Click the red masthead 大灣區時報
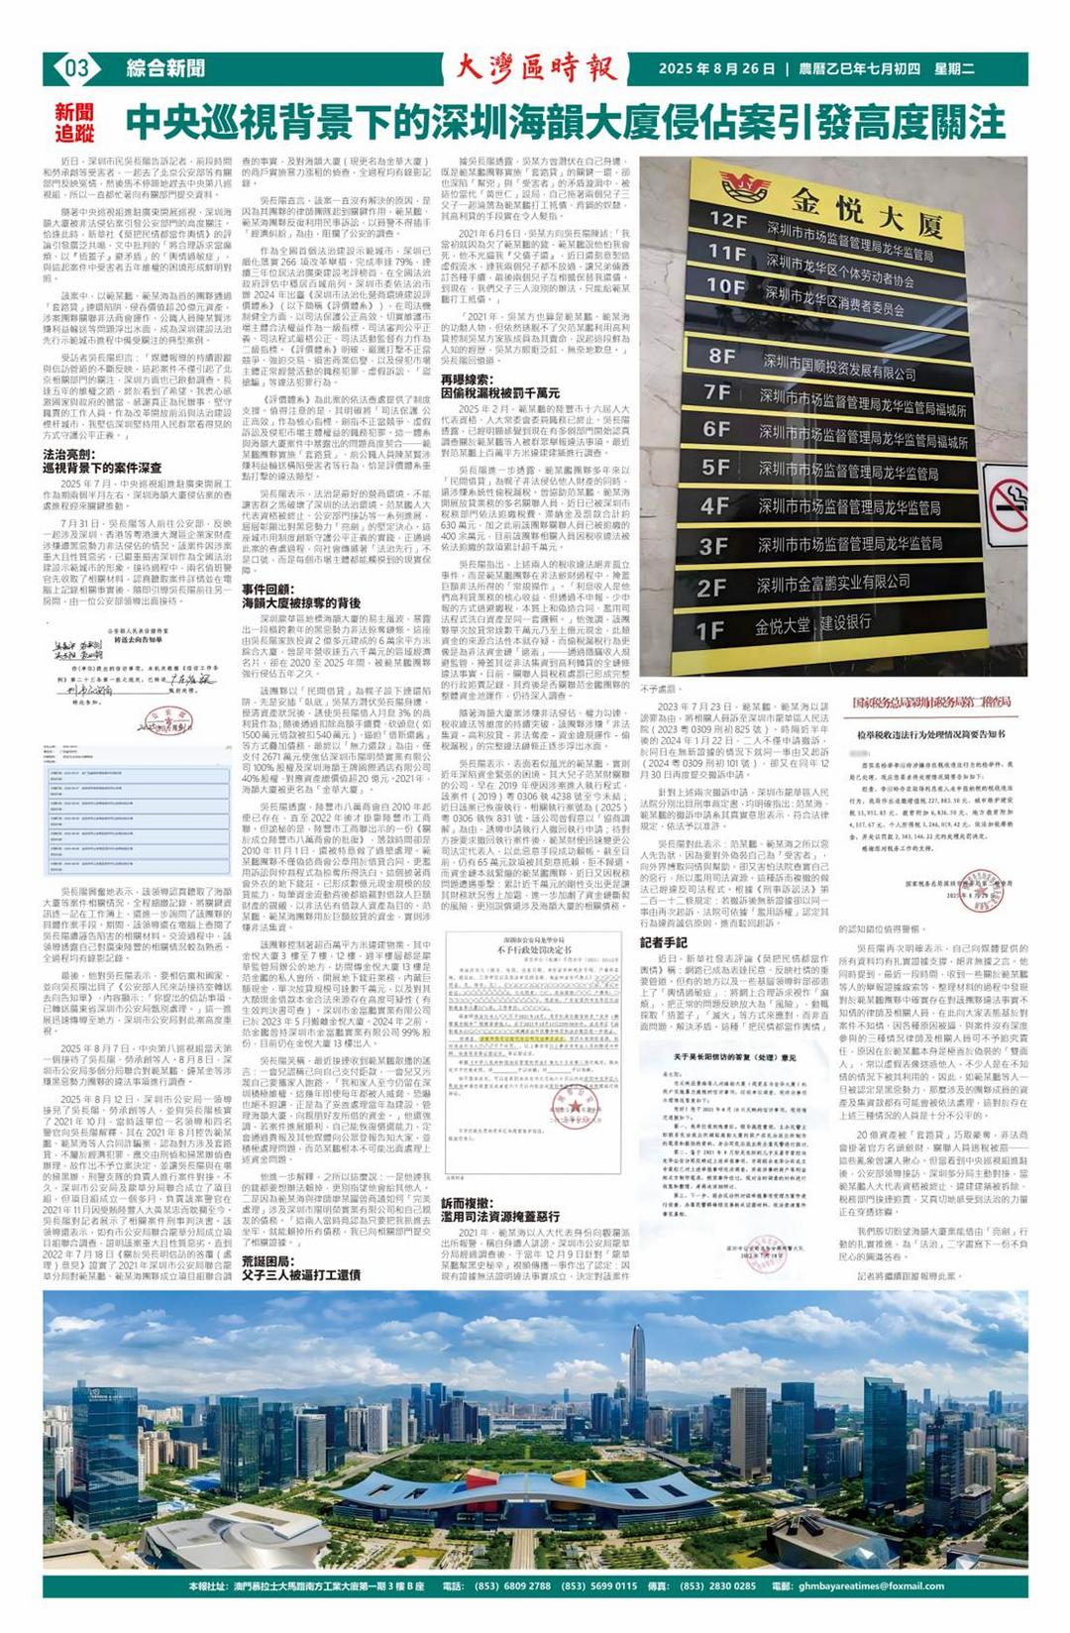pyautogui.click(x=536, y=68)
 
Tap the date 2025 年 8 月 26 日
pyautogui.click(x=716, y=69)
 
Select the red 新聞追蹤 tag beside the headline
pyautogui.click(x=75, y=123)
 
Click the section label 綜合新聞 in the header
pyautogui.click(x=165, y=68)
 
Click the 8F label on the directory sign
pyautogui.click(x=722, y=356)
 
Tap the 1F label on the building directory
pyautogui.click(x=710, y=630)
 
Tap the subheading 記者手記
pyautogui.click(x=664, y=942)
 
